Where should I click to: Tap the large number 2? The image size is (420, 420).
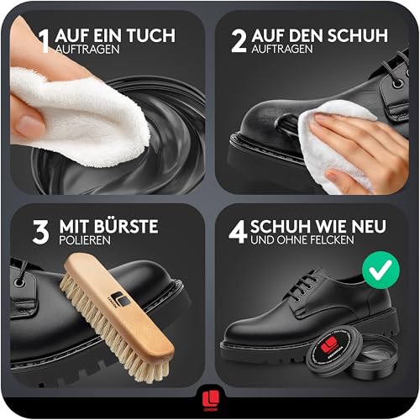pyautogui.click(x=239, y=40)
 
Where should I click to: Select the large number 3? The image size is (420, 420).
pyautogui.click(x=39, y=231)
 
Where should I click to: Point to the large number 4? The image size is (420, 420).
pyautogui.click(x=239, y=231)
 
